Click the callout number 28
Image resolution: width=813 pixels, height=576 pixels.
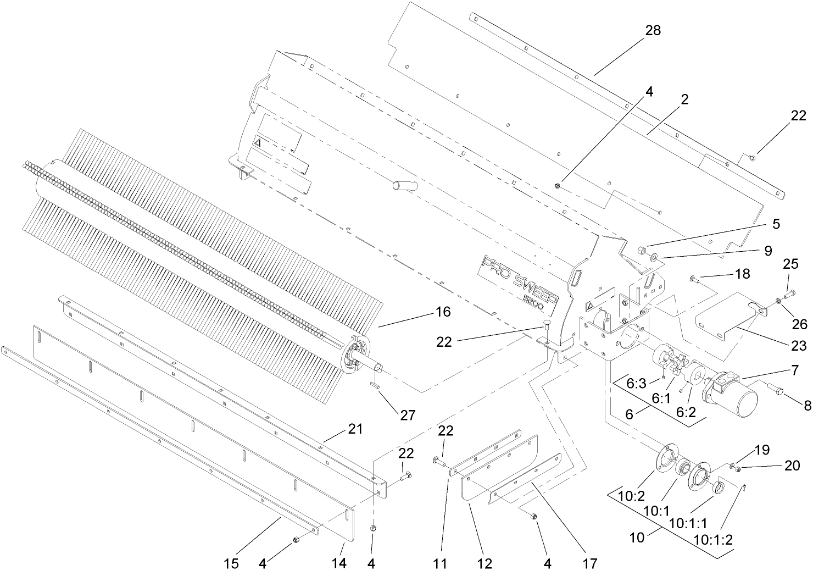click(653, 31)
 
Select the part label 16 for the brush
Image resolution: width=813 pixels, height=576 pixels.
click(443, 312)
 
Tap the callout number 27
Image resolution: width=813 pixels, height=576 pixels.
click(407, 415)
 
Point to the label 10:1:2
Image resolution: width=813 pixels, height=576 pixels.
click(713, 539)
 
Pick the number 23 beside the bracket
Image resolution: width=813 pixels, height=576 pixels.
click(798, 346)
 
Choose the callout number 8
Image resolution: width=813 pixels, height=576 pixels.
click(806, 406)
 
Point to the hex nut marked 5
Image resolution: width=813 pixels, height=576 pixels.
click(641, 250)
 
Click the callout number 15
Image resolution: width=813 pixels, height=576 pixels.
click(232, 564)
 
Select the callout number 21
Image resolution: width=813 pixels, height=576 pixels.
click(355, 429)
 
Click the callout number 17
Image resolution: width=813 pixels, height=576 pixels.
click(590, 564)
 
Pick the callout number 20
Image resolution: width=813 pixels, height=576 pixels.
click(792, 466)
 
